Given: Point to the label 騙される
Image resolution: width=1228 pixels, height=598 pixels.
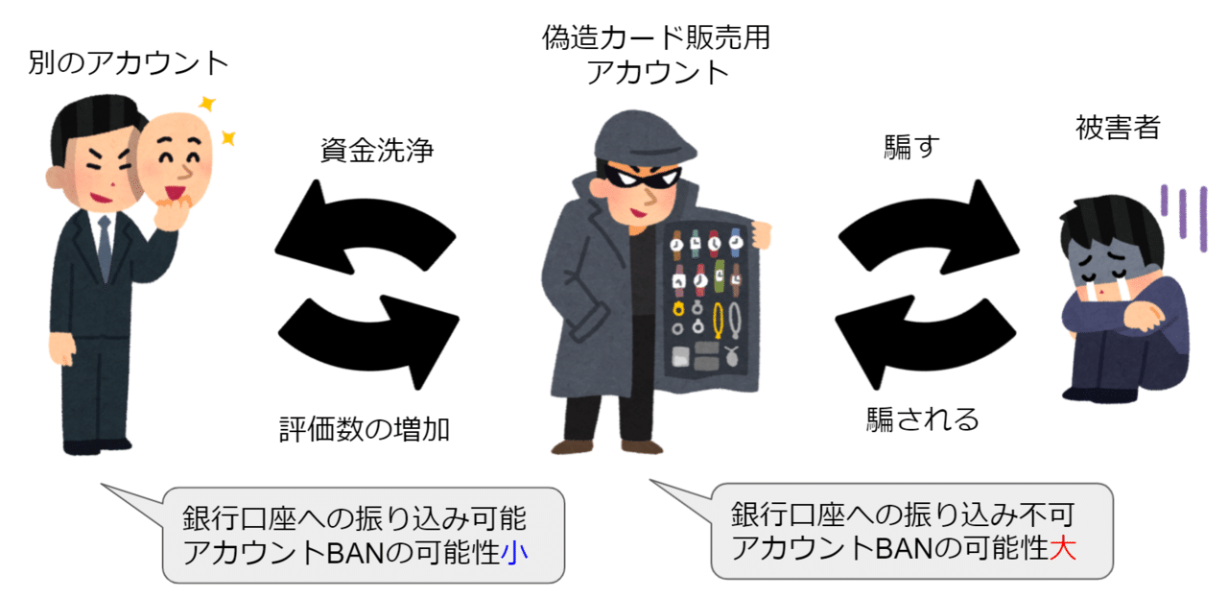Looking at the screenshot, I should tap(923, 419).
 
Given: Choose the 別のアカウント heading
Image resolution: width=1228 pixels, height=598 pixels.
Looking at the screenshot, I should tap(129, 64).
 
